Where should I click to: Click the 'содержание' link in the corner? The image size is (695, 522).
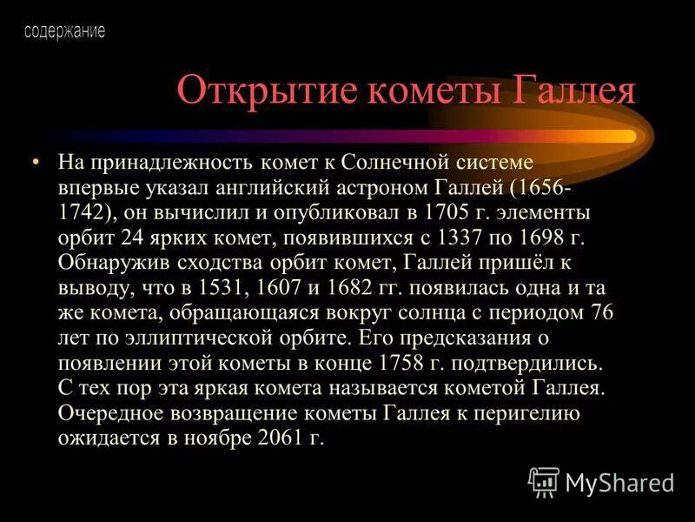64,32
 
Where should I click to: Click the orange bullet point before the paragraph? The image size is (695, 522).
36,163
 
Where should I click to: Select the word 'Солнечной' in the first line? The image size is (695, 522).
392,163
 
